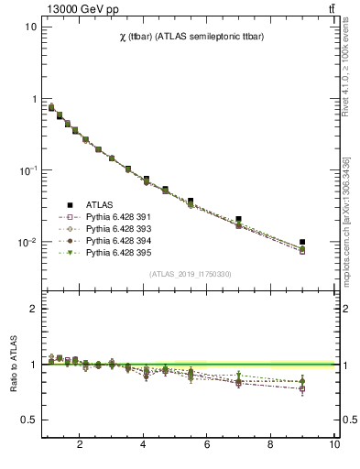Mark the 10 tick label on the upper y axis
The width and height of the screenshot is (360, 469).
pyautogui.click(x=31, y=27)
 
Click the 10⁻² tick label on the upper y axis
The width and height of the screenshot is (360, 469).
pyautogui.click(x=27, y=243)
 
